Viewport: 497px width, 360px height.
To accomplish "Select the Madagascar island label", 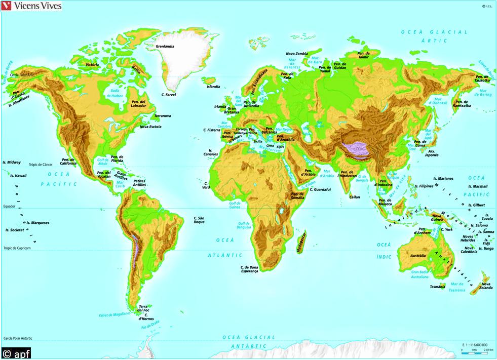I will pyautogui.click(x=301, y=242).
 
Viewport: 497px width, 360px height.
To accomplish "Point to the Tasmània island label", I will pyautogui.click(x=437, y=287).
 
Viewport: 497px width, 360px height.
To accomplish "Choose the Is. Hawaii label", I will pyautogui.click(x=18, y=176).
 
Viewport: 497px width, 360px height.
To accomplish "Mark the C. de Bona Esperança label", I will pyautogui.click(x=249, y=269).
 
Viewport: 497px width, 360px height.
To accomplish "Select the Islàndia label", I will pyautogui.click(x=213, y=87).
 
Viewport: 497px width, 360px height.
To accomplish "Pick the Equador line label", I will pyautogui.click(x=10, y=207).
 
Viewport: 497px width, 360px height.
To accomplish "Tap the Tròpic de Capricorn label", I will pyautogui.click(x=17, y=248).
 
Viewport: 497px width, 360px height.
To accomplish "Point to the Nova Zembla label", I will pyautogui.click(x=297, y=54).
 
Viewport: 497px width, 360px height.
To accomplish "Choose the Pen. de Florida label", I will pyautogui.click(x=117, y=158).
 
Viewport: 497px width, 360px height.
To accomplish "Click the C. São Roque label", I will pyautogui.click(x=199, y=220).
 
